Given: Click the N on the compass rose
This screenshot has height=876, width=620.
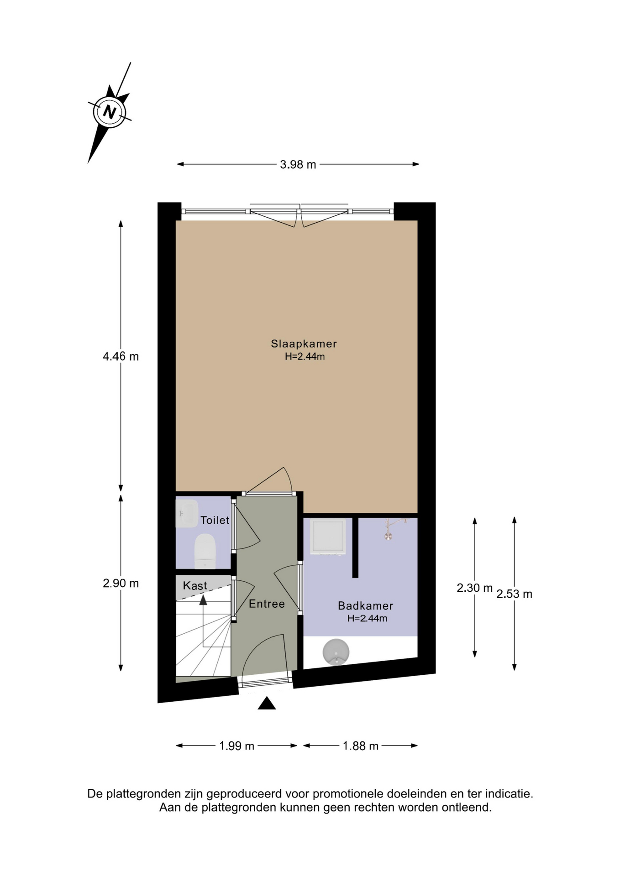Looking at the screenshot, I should coord(110,112).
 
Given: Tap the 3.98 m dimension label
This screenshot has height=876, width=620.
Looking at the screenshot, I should coord(298,164).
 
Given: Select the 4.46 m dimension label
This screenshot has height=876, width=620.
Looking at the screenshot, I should coord(121,356).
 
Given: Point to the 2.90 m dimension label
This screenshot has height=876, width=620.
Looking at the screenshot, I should coord(121,583).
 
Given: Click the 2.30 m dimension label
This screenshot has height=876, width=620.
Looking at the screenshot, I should coord(474,588).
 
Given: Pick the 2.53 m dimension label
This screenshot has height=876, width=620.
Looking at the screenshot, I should coord(514,594).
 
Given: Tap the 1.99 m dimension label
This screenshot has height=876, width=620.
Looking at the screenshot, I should coord(236,746).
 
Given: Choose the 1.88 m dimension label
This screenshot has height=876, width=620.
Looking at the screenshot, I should coord(361,746).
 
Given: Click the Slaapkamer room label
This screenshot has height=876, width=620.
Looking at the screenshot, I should coord(304,344).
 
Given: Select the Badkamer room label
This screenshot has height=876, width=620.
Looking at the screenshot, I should coord(365,605).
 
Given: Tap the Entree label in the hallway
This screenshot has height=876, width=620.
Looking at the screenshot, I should coord(267,604).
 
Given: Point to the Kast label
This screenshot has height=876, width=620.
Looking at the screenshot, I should coord(195,585).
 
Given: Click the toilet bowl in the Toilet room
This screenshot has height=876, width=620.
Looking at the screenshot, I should coord(205,551).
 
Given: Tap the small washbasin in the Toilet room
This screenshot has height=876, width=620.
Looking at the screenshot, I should coord(186,514).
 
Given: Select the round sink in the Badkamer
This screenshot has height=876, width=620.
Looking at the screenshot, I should coord(336,652).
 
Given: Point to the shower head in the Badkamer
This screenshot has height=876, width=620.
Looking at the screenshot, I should coord(388,536).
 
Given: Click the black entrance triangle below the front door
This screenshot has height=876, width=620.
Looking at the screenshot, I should coord(267,704).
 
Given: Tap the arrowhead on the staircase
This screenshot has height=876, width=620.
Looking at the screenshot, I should coord(203,600).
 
